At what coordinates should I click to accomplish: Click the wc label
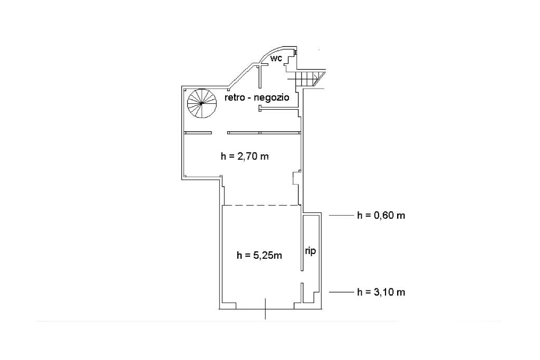tap(276, 59)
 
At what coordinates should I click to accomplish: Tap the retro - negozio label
tap(257, 98)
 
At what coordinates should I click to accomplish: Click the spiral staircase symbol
tap(201, 103)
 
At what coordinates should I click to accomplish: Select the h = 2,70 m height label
tap(245, 157)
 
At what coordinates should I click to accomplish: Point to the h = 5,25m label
tap(259, 255)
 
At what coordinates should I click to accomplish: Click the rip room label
tap(310, 251)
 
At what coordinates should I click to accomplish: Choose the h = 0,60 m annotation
tap(381, 216)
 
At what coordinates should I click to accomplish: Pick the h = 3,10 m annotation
tap(381, 292)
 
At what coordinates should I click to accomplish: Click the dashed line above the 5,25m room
tap(261, 206)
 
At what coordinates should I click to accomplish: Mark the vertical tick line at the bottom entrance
tap(265, 309)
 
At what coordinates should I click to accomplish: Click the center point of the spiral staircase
tap(201, 103)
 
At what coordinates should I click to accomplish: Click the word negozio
tap(272, 98)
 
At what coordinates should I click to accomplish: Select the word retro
tap(234, 98)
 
